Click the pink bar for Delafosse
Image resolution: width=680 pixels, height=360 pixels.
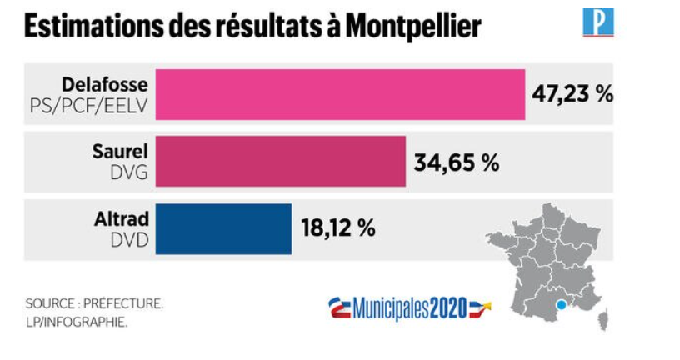click(340, 94)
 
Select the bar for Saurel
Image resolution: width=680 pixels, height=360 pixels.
click(281, 162)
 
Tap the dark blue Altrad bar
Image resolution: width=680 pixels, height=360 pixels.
click(224, 228)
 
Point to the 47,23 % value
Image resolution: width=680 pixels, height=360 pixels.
click(572, 93)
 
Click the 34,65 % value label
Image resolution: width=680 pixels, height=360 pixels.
click(457, 162)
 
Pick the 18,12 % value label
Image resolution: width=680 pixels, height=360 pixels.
click(337, 227)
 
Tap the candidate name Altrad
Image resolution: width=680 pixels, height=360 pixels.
click(121, 219)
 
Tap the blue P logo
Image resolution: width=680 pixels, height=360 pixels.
click(597, 22)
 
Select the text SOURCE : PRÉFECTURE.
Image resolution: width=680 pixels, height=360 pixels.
click(93, 304)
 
